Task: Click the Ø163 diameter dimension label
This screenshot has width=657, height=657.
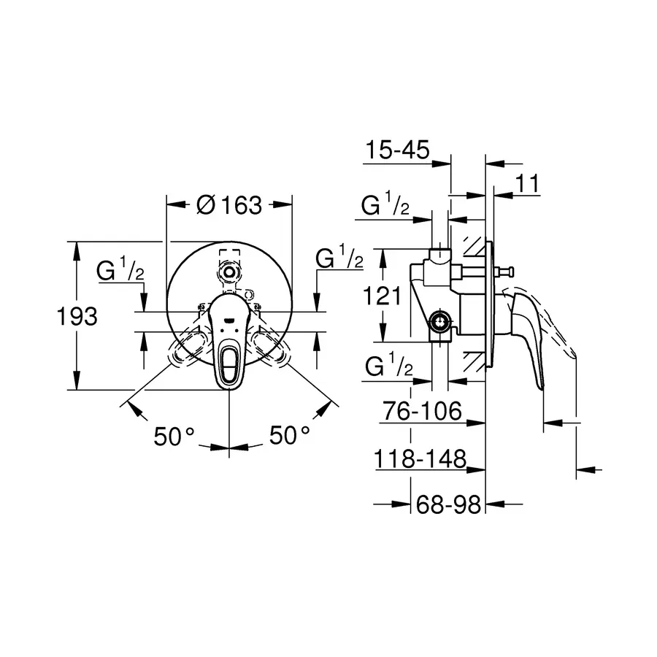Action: pos(229,205)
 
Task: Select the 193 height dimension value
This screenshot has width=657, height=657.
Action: pos(77,316)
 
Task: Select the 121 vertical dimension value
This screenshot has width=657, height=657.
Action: pos(383,296)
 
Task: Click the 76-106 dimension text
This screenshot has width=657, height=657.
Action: pos(423,412)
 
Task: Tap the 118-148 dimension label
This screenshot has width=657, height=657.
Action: pos(420,459)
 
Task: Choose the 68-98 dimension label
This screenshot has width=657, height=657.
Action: pos(446,504)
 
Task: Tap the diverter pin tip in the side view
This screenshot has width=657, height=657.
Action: pos(502,273)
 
